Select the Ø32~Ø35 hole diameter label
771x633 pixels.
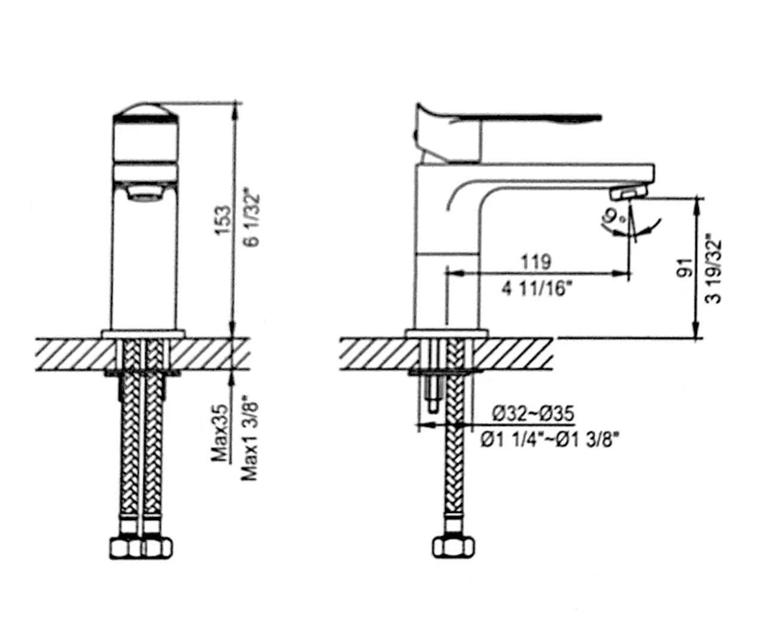(533, 414)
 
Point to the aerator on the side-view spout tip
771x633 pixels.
(628, 192)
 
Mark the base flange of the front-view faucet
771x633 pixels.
(143, 334)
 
